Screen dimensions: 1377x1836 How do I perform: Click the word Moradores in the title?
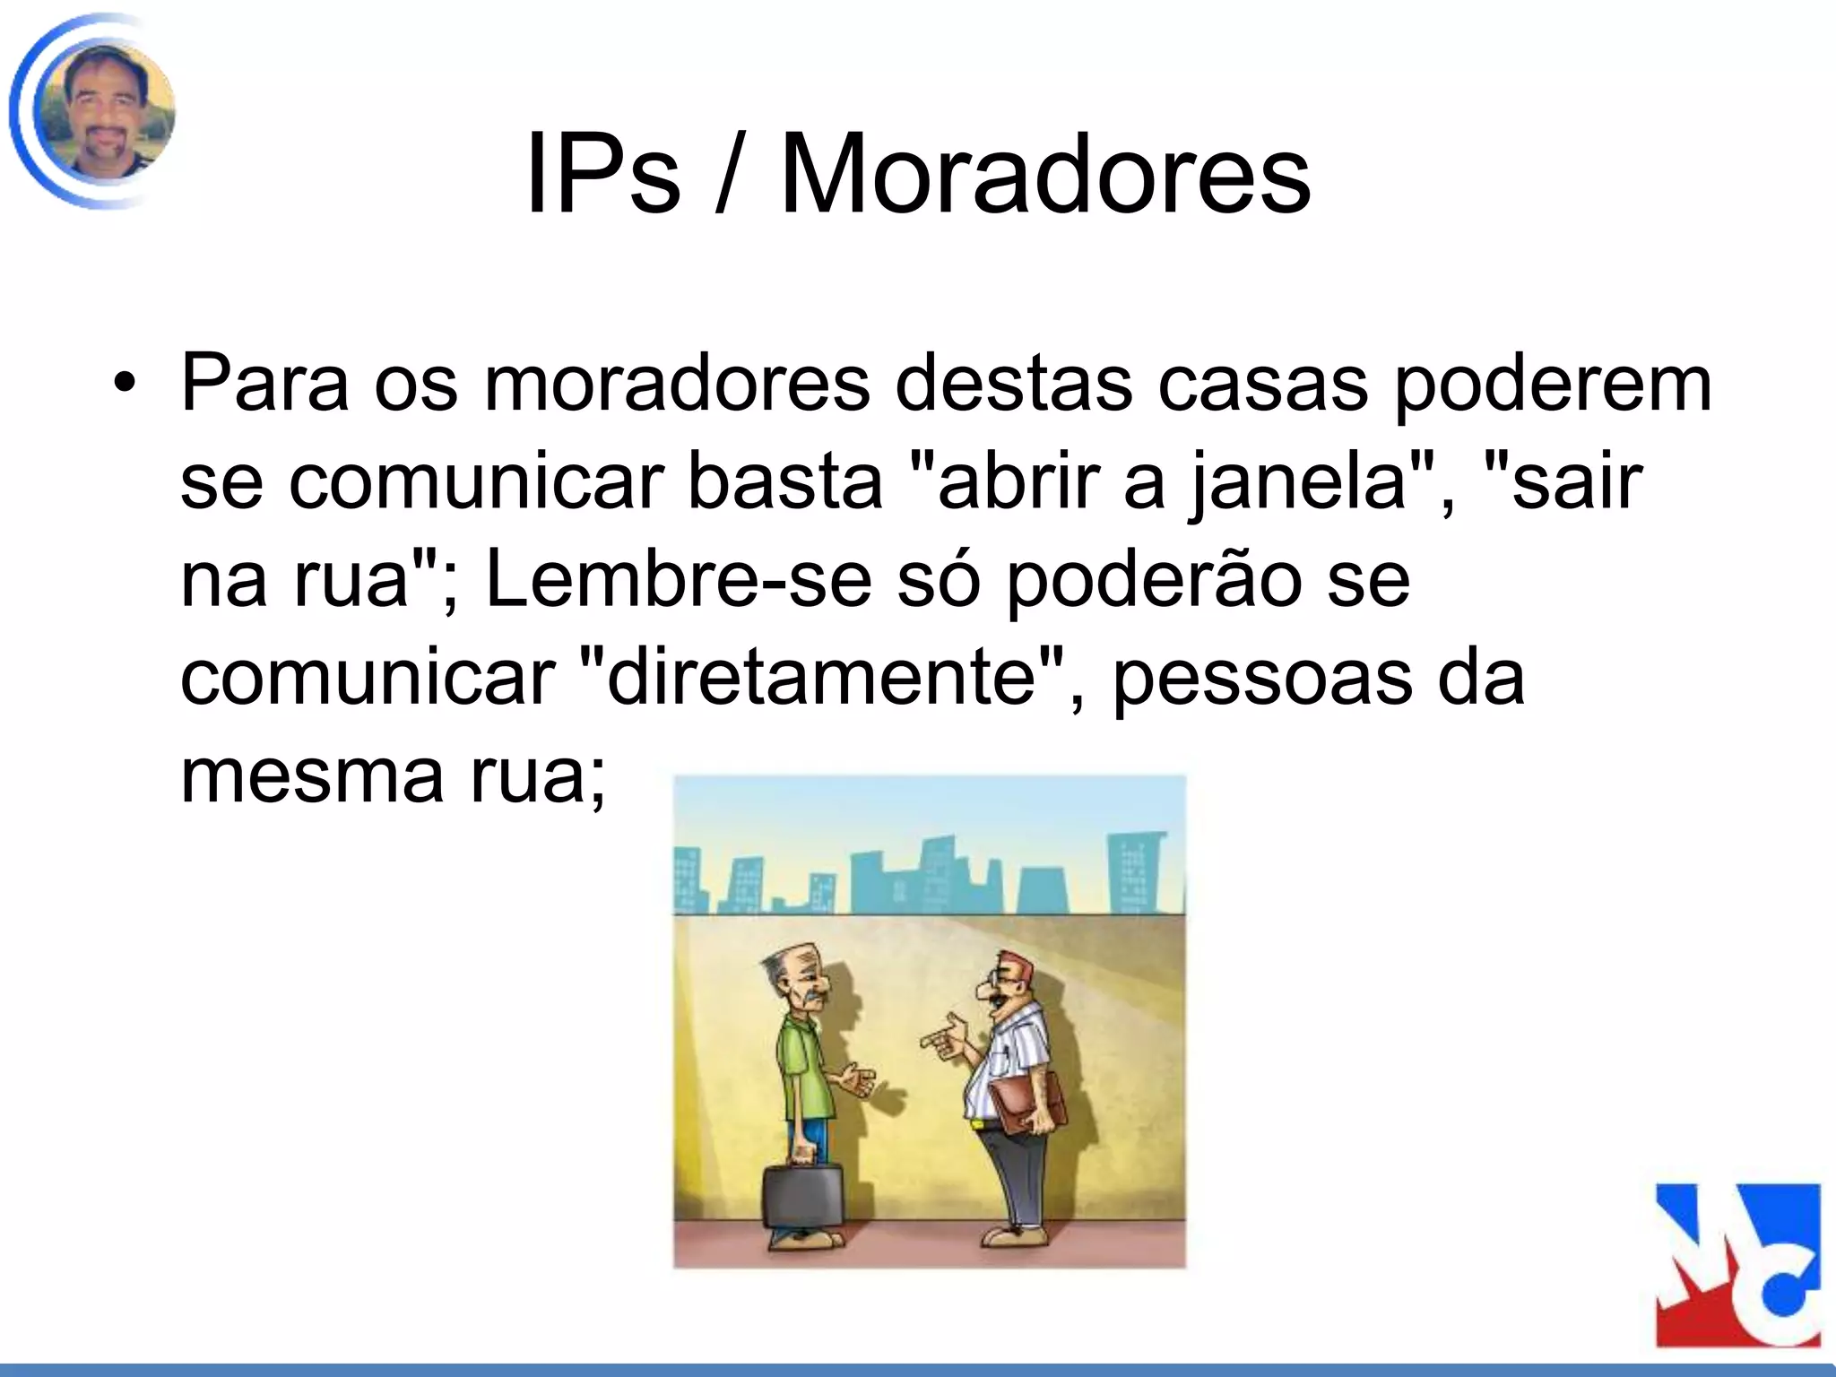coord(1045,175)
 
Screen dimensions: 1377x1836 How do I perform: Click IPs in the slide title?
coord(602,175)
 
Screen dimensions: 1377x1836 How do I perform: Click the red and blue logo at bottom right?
coord(1737,1264)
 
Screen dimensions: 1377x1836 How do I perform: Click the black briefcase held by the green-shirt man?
coord(803,1198)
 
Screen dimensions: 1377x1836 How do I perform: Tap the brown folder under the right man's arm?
coord(1031,1100)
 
